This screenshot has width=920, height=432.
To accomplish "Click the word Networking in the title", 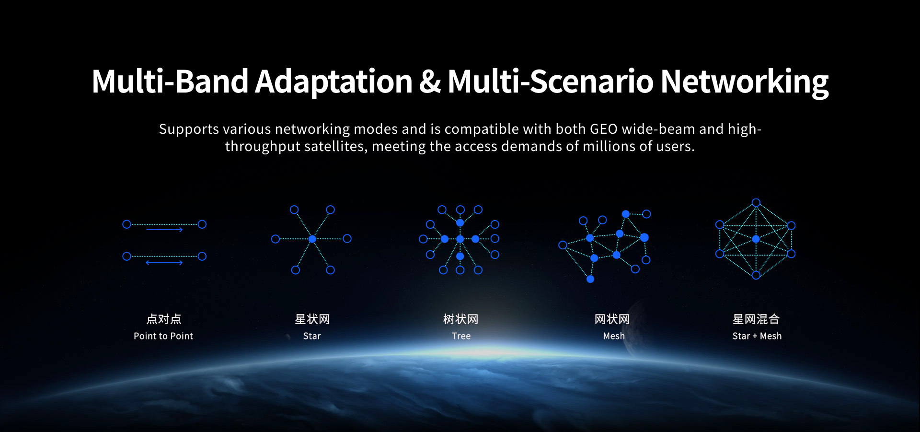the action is click(x=745, y=82).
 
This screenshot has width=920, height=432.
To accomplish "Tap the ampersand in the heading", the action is click(x=430, y=82).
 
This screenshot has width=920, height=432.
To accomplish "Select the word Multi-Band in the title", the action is click(x=170, y=81).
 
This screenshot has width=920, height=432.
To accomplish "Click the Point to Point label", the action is click(x=163, y=336).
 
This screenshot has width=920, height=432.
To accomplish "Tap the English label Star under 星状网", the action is click(x=312, y=336).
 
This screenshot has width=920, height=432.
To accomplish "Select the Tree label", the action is click(x=461, y=336).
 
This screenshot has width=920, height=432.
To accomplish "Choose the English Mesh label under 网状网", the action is click(x=614, y=336).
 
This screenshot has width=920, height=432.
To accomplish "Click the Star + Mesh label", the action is click(x=757, y=336).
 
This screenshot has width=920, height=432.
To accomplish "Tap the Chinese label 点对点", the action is click(x=164, y=319).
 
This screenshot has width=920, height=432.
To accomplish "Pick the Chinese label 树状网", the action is click(x=461, y=319).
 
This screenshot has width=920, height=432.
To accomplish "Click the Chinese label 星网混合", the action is click(x=756, y=319).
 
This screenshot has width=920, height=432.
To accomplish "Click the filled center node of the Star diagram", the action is click(x=312, y=239).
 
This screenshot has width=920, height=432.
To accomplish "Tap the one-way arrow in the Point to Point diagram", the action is click(x=164, y=230).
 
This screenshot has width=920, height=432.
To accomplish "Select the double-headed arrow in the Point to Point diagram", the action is click(x=164, y=263).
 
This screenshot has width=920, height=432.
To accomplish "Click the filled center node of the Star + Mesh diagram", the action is click(x=756, y=239).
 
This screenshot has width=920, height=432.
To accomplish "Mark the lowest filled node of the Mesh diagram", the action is click(x=590, y=279).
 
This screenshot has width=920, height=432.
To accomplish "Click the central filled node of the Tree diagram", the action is click(x=460, y=239).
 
